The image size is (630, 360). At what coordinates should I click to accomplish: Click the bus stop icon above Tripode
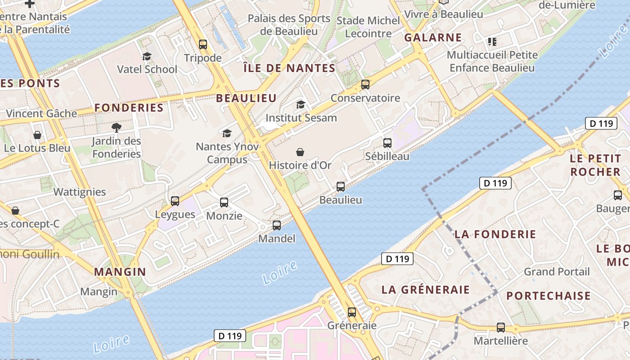[x=203, y=44]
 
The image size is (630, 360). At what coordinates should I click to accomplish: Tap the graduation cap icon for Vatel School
[x=147, y=56]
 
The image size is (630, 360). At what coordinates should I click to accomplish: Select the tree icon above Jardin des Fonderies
[x=117, y=127]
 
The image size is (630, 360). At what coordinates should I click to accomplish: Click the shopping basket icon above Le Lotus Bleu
[x=37, y=135]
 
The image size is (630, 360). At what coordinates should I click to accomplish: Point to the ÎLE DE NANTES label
[x=289, y=68]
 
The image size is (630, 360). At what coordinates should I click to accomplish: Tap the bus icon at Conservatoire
[x=365, y=84]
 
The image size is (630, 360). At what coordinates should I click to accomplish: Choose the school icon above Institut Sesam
[x=301, y=105]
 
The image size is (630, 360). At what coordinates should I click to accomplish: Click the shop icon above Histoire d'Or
[x=300, y=152]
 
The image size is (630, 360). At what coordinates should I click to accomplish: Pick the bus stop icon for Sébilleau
[x=387, y=143]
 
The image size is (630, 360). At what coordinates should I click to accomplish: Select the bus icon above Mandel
[x=277, y=225]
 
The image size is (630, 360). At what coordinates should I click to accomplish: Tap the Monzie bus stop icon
[x=224, y=202]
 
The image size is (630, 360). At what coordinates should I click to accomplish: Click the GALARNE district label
[x=433, y=37]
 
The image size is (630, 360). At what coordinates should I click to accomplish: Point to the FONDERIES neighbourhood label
[x=129, y=108]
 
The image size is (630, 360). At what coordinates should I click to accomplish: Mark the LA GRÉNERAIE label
[x=425, y=289]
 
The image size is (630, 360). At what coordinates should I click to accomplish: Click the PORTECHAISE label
[x=548, y=296]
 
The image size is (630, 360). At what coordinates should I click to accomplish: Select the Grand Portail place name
[x=557, y=272]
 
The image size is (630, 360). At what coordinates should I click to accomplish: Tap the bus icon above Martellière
[x=500, y=328]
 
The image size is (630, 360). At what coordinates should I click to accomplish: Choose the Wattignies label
[x=80, y=192]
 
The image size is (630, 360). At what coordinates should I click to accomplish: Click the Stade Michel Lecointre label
[x=368, y=27]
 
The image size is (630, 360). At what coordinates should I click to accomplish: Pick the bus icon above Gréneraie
[x=352, y=312]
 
